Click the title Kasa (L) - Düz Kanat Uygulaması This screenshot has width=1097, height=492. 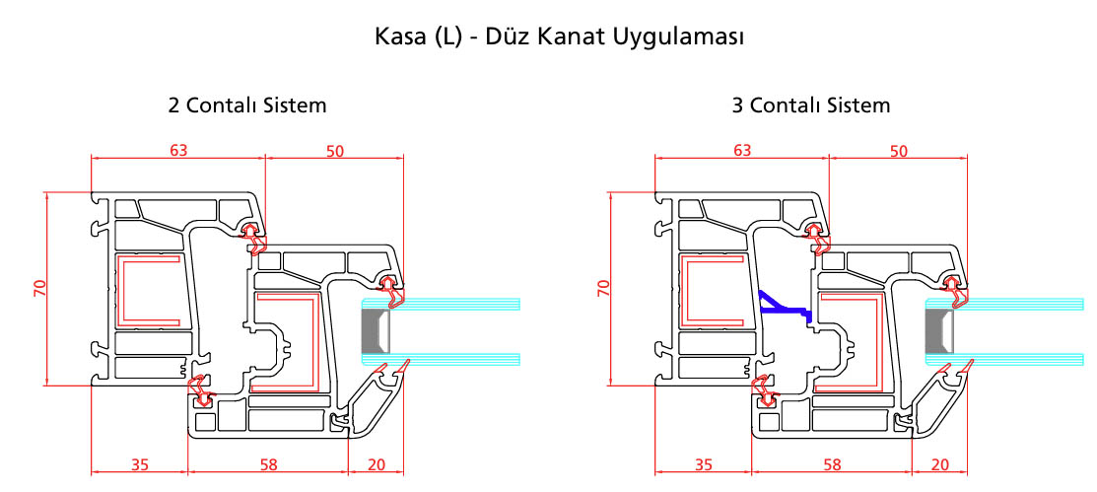point(559,37)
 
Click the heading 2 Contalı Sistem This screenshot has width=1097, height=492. point(247,105)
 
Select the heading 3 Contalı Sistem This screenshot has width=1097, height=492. point(811,105)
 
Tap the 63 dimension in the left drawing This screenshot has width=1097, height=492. point(178,151)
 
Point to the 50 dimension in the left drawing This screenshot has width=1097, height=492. point(335,151)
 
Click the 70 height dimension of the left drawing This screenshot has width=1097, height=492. point(39,288)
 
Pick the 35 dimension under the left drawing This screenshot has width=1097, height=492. point(141,464)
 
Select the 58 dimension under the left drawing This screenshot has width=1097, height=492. point(268,464)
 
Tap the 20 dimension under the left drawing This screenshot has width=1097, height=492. point(377,464)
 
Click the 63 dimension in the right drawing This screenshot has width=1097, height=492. point(742,151)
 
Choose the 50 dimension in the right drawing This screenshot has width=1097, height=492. point(898,151)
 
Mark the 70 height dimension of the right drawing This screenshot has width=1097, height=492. point(604,288)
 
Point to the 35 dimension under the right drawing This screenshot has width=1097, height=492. point(705,464)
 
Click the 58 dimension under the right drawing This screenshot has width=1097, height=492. point(833,464)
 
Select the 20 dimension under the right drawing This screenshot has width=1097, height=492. point(940,464)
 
